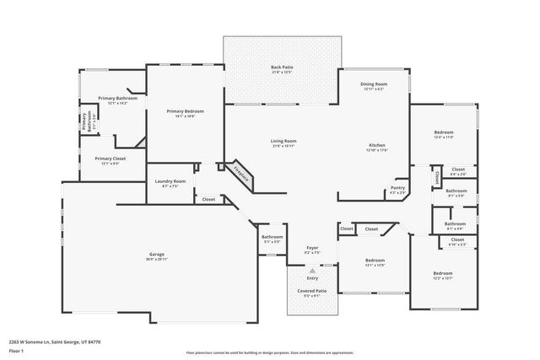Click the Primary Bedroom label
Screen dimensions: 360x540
[x=185, y=111]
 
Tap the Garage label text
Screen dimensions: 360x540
[x=157, y=254]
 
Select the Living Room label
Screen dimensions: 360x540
[x=283, y=141]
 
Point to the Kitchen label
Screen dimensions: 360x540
[x=376, y=145]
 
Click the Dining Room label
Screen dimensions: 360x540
[x=374, y=84]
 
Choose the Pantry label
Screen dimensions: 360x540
[x=398, y=188]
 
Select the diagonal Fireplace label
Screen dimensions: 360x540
[x=241, y=172]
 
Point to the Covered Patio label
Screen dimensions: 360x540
[x=311, y=290]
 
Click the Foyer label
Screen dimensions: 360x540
[x=312, y=248]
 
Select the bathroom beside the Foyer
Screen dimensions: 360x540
[x=272, y=237]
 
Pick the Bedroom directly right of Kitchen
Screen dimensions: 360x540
[x=444, y=132]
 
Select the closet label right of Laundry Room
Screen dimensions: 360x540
[x=208, y=200]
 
